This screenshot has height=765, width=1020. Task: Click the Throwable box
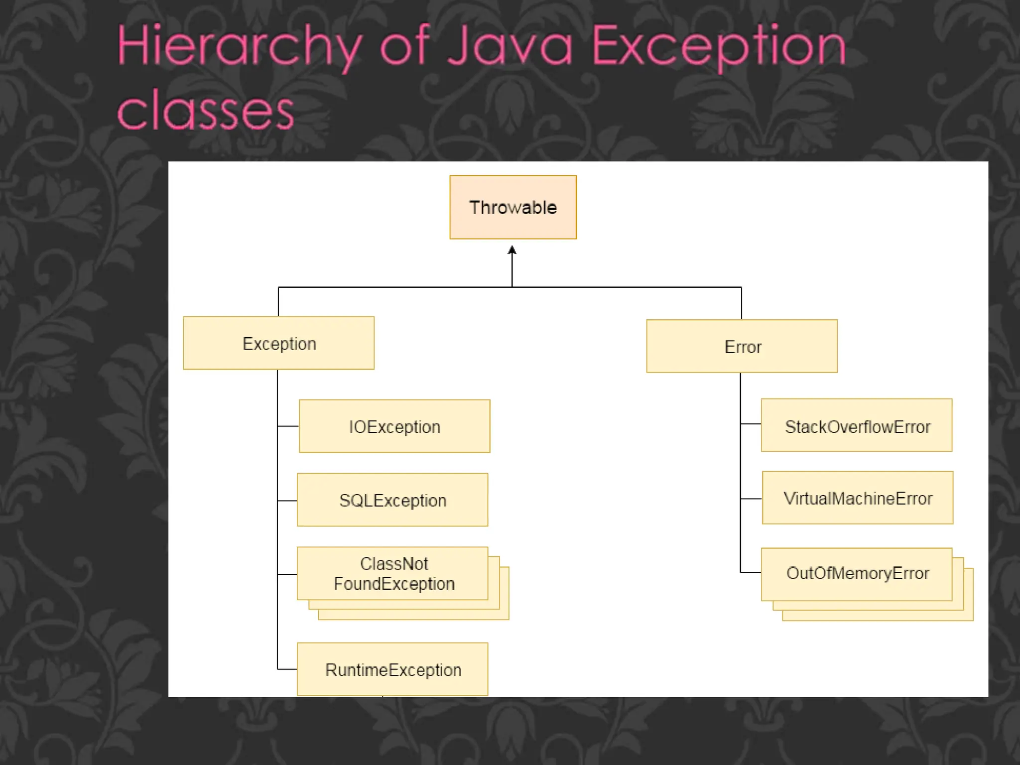click(x=512, y=207)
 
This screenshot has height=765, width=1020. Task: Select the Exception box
click(x=278, y=343)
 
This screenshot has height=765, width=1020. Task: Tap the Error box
click(x=742, y=346)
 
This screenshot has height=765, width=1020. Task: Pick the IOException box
click(x=394, y=426)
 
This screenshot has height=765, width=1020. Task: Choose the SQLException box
click(x=392, y=500)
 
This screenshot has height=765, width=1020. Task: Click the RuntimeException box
click(x=392, y=669)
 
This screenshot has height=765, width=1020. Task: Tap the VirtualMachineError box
click(x=858, y=498)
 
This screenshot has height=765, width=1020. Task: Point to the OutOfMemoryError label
click(x=858, y=573)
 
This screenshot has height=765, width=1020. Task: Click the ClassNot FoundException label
click(x=393, y=573)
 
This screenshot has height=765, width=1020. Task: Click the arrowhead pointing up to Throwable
click(x=512, y=250)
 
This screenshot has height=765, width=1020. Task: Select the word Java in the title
click(x=510, y=48)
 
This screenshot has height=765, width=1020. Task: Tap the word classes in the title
click(x=205, y=112)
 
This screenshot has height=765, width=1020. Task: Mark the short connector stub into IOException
click(x=288, y=426)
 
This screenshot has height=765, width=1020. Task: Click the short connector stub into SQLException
click(x=287, y=501)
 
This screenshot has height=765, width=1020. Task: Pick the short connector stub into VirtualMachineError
click(x=751, y=499)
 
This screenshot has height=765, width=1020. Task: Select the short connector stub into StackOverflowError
click(x=751, y=424)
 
